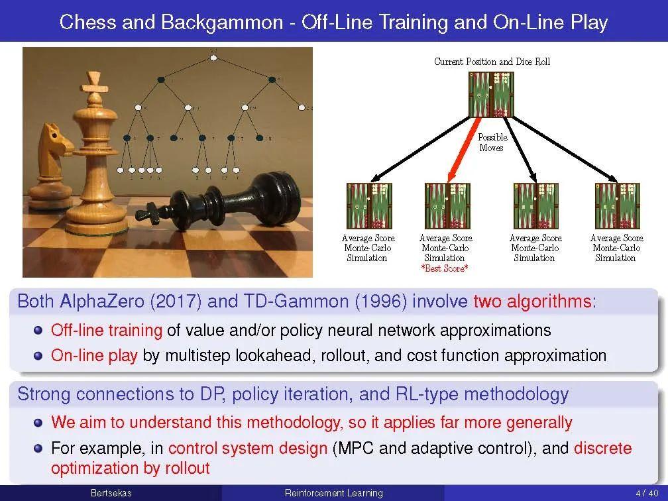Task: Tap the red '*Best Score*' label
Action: tap(445, 268)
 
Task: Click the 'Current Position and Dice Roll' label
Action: tap(492, 62)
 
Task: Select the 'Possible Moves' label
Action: tap(492, 142)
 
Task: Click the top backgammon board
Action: tap(491, 93)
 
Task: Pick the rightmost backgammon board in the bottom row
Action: tap(617, 205)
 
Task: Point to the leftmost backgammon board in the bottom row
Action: tap(369, 205)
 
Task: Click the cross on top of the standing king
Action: tap(91, 82)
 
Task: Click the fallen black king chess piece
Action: tap(219, 199)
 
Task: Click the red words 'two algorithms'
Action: tap(532, 302)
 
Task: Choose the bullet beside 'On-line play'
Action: tap(38, 355)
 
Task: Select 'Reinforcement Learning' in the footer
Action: tap(333, 493)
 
